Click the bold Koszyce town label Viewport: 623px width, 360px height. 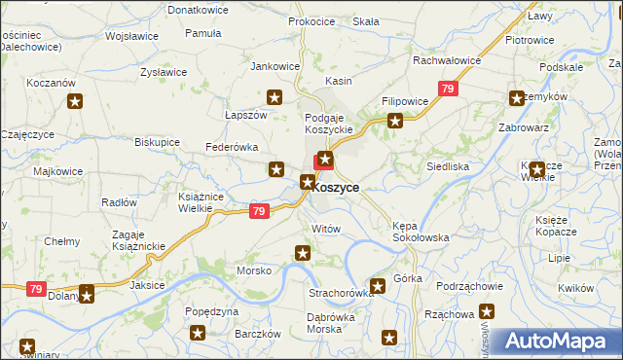click(337, 187)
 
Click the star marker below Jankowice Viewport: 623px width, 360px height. click(275, 97)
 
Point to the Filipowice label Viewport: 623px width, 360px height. click(405, 101)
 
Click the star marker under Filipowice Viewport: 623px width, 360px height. click(395, 122)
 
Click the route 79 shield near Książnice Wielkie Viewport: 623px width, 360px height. click(258, 211)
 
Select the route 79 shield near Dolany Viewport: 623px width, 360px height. click(36, 289)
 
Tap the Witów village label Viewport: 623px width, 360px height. click(325, 228)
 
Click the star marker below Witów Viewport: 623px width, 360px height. click(303, 254)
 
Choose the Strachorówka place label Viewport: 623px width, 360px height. click(342, 292)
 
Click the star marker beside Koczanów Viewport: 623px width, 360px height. click(76, 102)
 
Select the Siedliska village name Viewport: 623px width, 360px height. click(448, 166)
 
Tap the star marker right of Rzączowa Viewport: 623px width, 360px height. click(487, 313)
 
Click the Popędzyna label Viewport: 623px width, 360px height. click(211, 312)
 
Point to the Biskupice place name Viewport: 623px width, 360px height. click(157, 141)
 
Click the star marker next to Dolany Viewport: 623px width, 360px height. click(87, 293)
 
